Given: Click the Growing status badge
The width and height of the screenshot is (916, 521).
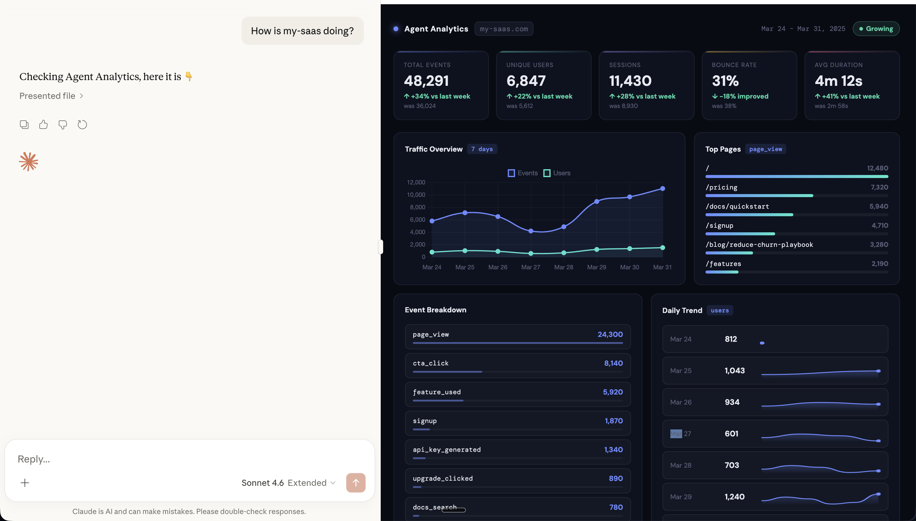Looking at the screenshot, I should (x=876, y=29).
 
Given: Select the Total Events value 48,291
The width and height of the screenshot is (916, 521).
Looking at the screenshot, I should (x=426, y=81).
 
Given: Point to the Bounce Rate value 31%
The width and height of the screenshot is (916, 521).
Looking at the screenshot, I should (x=725, y=81).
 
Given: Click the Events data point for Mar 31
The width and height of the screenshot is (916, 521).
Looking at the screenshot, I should (x=662, y=189).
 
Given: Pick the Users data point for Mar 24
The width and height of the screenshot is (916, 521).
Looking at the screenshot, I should (x=432, y=252).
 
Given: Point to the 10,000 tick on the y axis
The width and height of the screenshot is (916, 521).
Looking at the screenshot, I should (x=416, y=195).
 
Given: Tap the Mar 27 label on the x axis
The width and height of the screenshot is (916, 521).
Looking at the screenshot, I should (x=530, y=267).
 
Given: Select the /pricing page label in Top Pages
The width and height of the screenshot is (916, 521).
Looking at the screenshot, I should (x=721, y=187).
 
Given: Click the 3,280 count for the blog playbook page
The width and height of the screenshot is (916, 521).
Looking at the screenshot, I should (x=879, y=245).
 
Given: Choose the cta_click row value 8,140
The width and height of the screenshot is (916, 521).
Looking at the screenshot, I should (x=613, y=363).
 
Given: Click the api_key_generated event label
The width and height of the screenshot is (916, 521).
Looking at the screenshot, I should (x=446, y=450).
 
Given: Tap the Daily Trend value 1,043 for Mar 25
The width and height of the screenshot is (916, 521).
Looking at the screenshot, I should (x=735, y=371).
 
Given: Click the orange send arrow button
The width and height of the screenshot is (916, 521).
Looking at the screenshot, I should (x=356, y=483).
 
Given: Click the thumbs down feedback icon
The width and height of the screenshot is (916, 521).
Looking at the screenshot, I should (x=62, y=125).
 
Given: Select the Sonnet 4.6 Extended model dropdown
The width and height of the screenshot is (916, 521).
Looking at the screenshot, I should (x=288, y=483).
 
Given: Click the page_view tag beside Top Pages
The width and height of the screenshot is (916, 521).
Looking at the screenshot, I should (x=765, y=149).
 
